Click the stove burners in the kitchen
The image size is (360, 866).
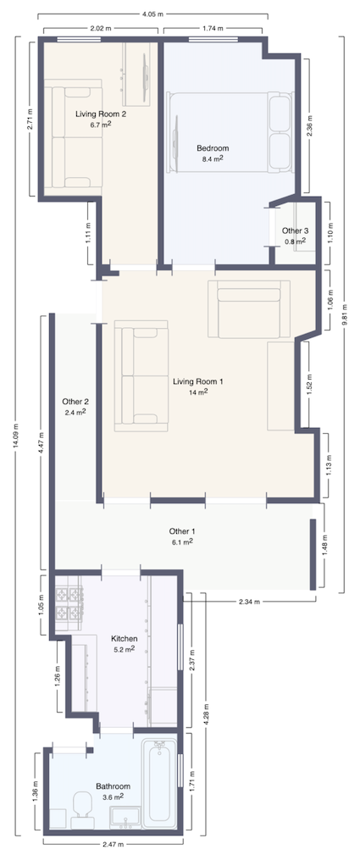coord(69,602)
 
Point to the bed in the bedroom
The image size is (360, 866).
coord(230,132)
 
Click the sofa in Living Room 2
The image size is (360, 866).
coord(74,137)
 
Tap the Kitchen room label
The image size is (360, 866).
coord(125,638)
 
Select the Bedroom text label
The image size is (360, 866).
coord(213,148)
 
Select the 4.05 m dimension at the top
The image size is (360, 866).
coord(152,14)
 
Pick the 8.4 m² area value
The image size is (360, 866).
coord(213,158)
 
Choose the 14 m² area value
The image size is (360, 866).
coord(197,392)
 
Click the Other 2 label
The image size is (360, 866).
coord(75,402)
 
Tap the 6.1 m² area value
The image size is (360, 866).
coord(181,541)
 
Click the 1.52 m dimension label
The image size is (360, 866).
coord(309,385)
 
